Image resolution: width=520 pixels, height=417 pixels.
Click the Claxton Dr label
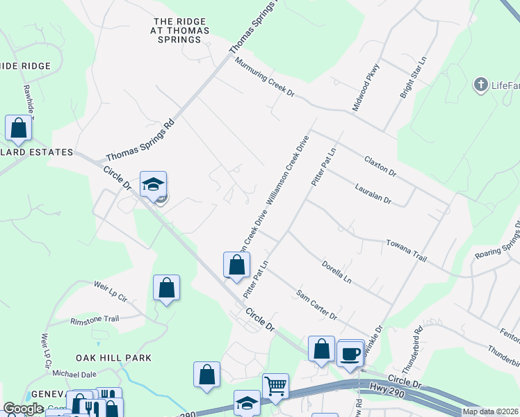click(380, 165)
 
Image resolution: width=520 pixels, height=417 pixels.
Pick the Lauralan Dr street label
click(373, 194)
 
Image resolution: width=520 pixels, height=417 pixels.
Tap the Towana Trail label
click(405, 251)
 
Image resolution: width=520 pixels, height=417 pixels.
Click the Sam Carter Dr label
click(316, 305)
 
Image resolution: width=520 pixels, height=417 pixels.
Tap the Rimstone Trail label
click(95, 320)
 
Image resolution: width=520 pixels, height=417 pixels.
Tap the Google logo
click(23, 409)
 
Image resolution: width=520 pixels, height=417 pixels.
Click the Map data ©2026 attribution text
click(490, 411)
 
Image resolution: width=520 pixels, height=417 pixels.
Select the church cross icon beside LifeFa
click(480, 85)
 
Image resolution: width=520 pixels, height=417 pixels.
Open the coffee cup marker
click(350, 354)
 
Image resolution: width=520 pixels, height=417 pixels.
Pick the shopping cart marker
click(275, 386)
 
